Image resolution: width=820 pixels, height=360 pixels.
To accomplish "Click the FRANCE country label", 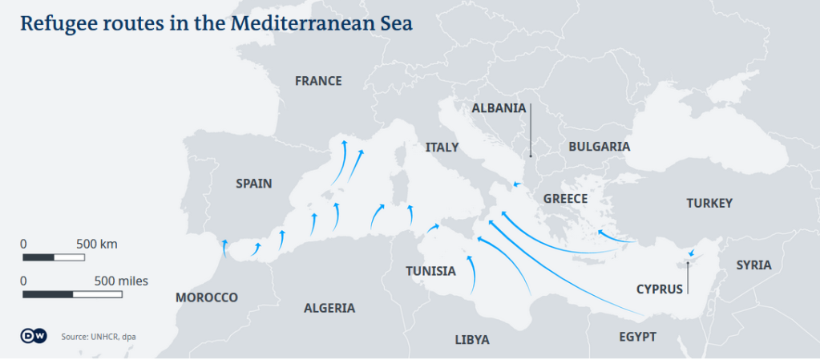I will (318, 81).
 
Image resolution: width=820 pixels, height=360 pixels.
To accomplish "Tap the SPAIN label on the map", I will (253, 184).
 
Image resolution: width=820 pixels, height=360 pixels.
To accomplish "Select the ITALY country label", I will (442, 148).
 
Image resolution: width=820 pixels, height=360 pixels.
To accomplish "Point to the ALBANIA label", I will (499, 108).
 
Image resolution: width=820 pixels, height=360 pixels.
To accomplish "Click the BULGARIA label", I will (599, 147).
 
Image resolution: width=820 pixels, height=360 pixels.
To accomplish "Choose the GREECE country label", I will (565, 199).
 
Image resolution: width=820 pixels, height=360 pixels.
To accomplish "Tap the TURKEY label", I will (709, 204).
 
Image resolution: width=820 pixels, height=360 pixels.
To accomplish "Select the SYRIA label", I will (753, 265).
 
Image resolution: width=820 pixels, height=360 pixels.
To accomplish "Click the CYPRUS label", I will (660, 289).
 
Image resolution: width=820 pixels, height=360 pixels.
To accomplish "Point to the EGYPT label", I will (637, 337).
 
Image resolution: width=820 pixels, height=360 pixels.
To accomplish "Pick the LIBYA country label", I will (472, 339).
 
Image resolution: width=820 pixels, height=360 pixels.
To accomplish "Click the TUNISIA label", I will (430, 271).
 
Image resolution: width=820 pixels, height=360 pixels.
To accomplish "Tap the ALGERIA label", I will (329, 308).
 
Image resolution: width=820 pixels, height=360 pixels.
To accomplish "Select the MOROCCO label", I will (207, 297).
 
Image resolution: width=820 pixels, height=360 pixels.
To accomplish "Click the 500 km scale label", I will (97, 243).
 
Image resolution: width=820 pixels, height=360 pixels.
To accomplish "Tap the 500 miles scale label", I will (121, 281).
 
